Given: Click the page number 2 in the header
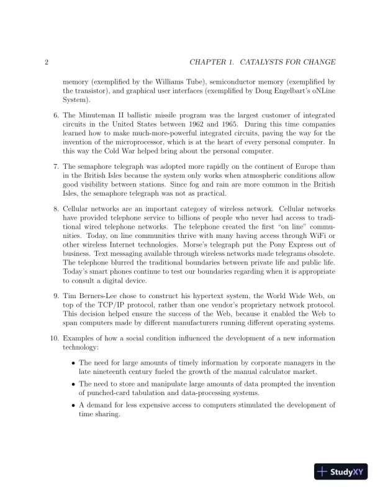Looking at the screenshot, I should [x=47, y=62].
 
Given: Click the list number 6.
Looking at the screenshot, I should [x=55, y=116].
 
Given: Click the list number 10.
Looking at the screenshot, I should [x=53, y=338].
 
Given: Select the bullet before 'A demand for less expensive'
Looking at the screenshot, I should [x=74, y=405].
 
